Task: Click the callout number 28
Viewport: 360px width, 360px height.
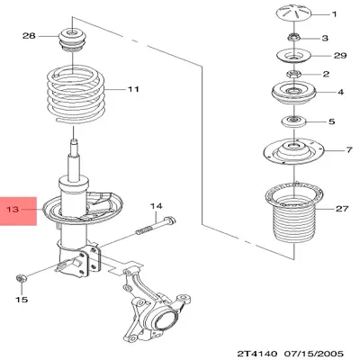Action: [28, 36]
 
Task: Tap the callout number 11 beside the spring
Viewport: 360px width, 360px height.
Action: [133, 89]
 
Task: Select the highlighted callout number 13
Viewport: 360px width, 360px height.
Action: [13, 212]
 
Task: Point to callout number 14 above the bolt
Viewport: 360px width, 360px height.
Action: [155, 206]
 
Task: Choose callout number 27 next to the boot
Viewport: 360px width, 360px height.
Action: [341, 209]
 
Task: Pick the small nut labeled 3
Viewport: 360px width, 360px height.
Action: [293, 38]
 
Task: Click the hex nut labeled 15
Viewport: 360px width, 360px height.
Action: [22, 275]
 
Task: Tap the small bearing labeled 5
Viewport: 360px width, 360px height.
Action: [292, 121]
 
